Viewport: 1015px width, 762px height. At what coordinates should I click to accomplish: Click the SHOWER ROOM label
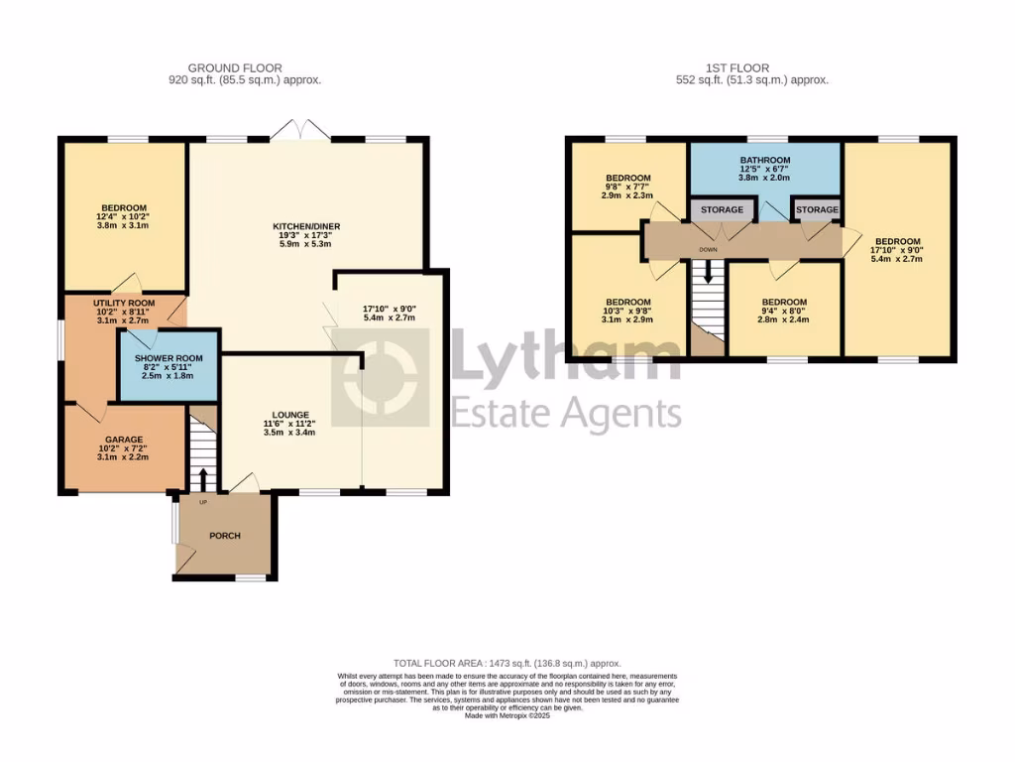[169, 358]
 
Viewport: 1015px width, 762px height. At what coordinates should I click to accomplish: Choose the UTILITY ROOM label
[124, 303]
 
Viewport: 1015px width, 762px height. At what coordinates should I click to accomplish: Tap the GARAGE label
[125, 440]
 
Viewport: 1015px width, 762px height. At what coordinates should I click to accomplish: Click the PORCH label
[224, 536]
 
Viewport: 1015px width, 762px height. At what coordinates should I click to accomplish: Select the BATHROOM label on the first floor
[765, 160]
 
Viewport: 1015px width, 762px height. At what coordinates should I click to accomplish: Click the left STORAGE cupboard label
[722, 210]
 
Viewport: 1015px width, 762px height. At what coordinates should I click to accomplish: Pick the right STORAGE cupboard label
[817, 210]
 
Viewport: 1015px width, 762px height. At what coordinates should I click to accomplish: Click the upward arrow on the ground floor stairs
[204, 477]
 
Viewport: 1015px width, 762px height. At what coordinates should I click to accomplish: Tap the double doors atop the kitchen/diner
[298, 129]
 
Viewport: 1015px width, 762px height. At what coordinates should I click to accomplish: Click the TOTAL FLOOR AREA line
[507, 663]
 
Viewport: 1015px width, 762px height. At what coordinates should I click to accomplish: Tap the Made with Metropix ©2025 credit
[507, 715]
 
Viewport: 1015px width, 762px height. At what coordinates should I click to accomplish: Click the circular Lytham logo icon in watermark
[381, 378]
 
